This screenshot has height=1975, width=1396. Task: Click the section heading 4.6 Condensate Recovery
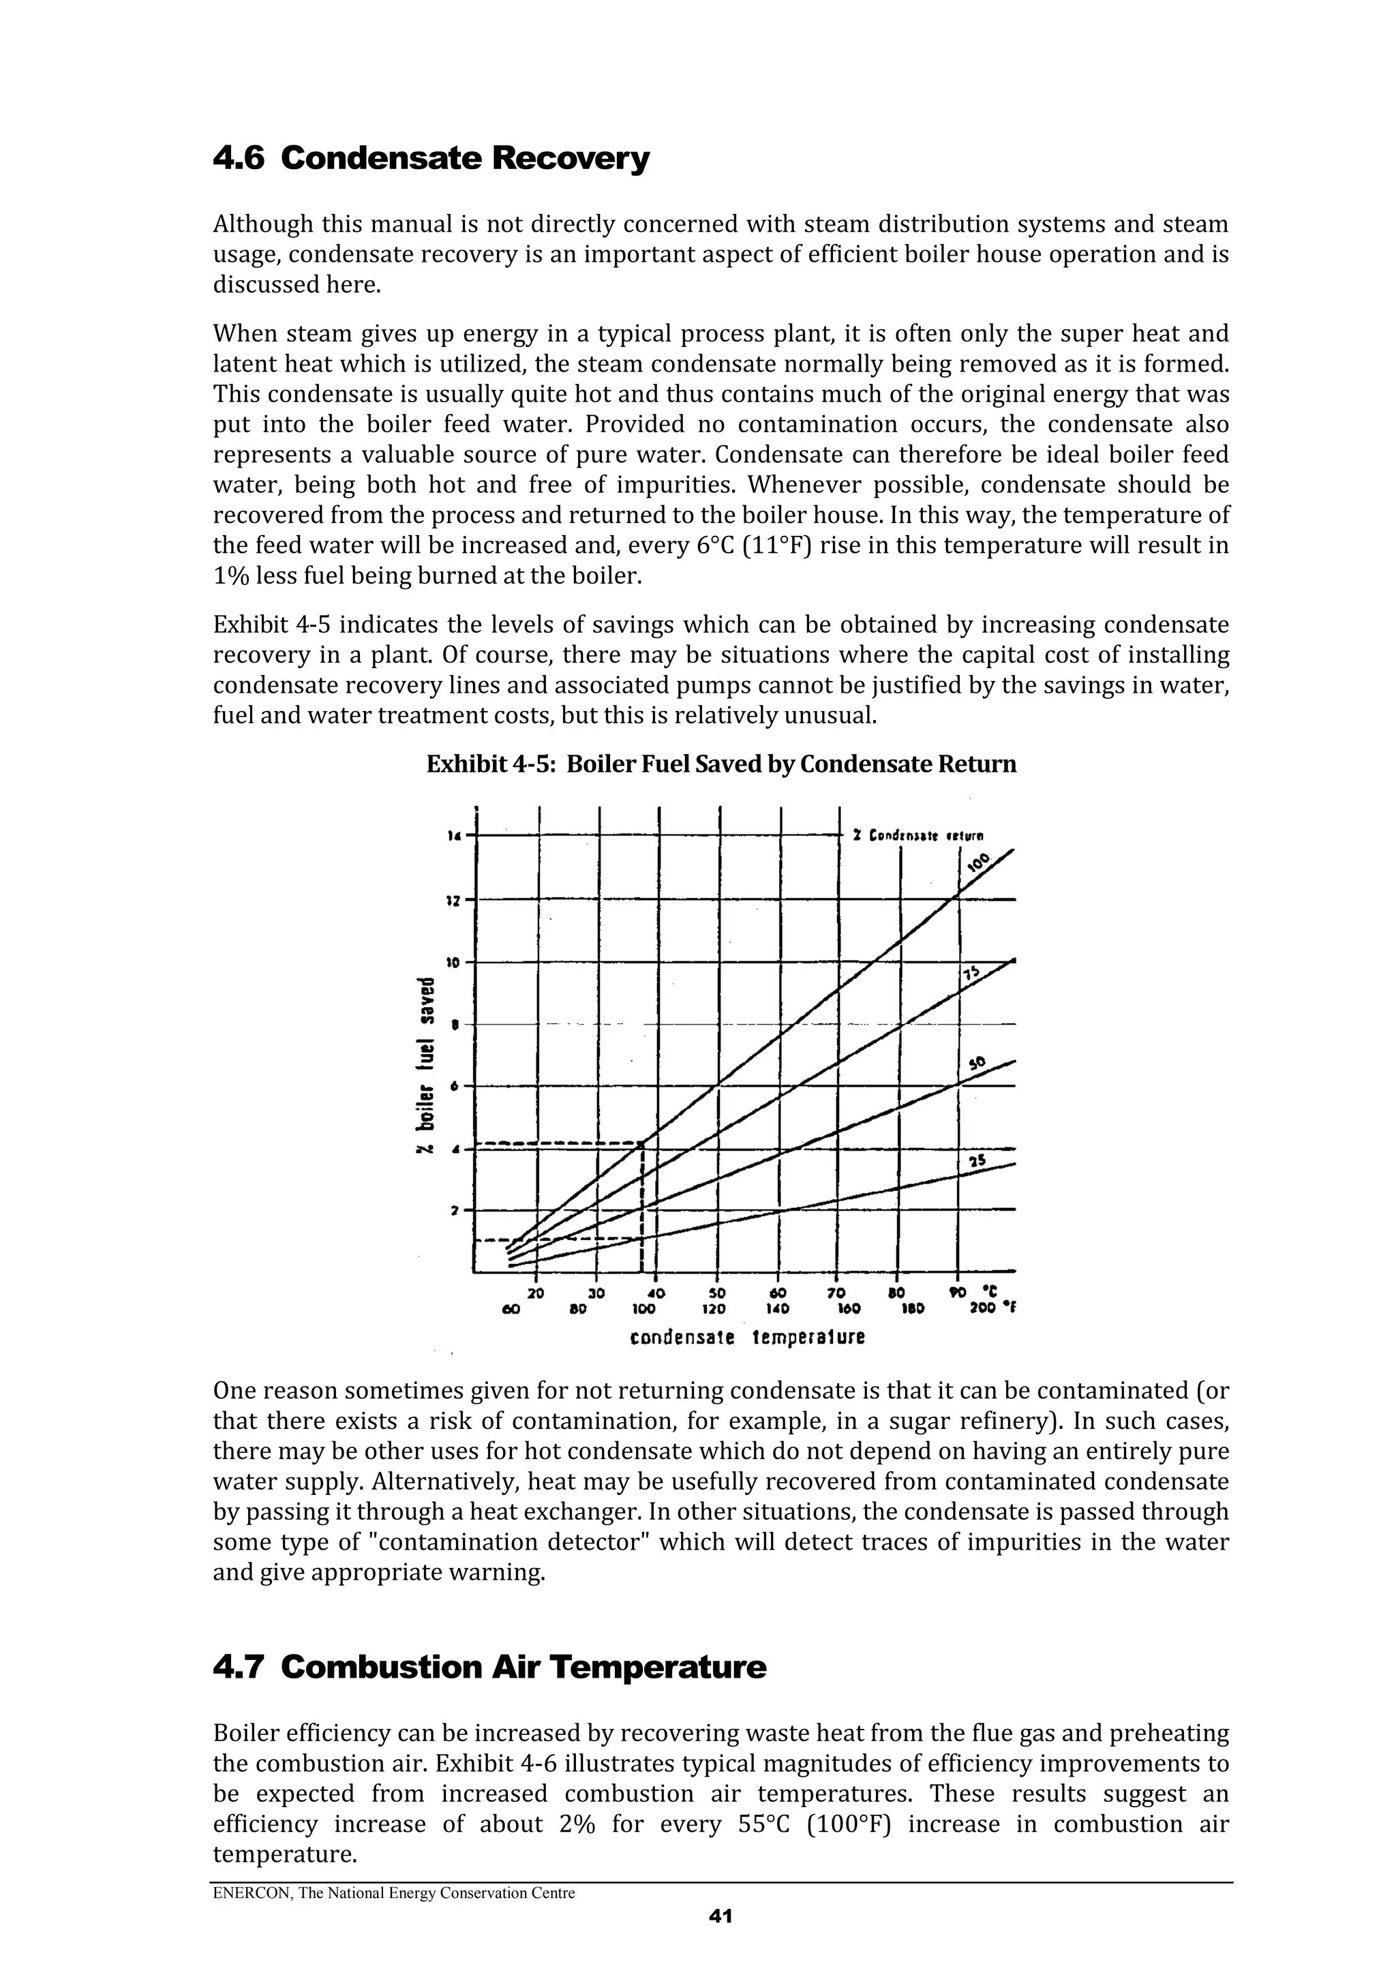(x=430, y=159)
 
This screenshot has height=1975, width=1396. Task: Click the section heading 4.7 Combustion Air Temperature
(x=489, y=1667)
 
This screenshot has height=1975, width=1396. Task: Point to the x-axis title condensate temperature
(x=746, y=1338)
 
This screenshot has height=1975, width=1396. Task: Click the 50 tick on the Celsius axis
(x=717, y=1293)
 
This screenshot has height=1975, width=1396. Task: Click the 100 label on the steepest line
(x=978, y=861)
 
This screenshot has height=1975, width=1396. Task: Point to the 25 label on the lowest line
(x=976, y=1161)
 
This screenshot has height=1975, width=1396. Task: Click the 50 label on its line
(x=975, y=1064)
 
